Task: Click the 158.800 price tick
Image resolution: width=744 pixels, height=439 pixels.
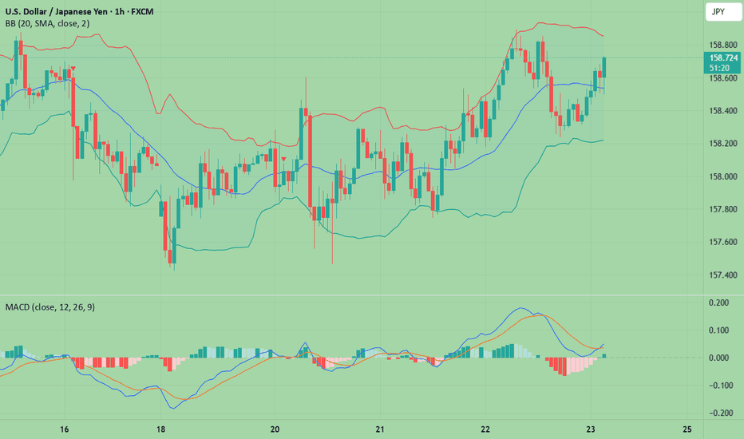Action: click(721, 45)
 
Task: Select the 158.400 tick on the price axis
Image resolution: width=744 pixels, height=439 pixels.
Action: click(721, 111)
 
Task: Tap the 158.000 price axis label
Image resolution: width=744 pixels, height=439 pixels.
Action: click(721, 176)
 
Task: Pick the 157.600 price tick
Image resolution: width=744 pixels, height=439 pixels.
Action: click(721, 242)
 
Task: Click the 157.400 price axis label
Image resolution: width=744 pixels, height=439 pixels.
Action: click(721, 275)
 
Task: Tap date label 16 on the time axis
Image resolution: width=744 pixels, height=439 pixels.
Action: click(65, 429)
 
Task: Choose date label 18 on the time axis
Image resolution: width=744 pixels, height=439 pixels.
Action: click(161, 429)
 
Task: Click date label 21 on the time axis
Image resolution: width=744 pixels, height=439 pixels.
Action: click(380, 429)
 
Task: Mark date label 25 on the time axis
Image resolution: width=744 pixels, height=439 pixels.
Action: click(687, 429)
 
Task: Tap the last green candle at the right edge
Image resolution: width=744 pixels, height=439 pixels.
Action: click(604, 68)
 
